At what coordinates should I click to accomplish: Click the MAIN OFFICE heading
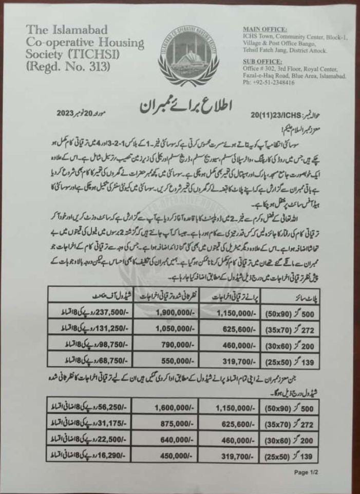point(264,29)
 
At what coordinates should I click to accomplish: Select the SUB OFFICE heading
point(263,61)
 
